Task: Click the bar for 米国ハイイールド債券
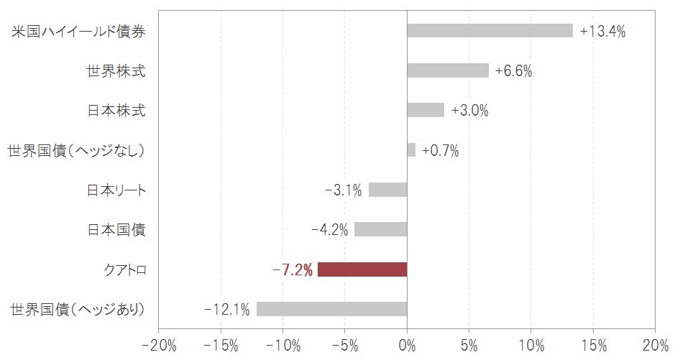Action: [x=490, y=31]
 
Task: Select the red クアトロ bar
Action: [x=362, y=269]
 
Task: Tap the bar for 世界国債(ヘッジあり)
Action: [x=331, y=309]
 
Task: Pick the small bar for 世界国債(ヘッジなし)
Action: [x=411, y=150]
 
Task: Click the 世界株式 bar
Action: [x=448, y=70]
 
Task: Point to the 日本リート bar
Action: [x=388, y=190]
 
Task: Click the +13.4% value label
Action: [x=602, y=31]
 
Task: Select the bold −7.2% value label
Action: [x=293, y=270]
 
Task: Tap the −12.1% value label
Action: [x=227, y=310]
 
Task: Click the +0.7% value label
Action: [x=440, y=150]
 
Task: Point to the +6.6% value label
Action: [x=513, y=71]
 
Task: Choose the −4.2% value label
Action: [x=330, y=230]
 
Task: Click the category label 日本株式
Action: [x=116, y=111]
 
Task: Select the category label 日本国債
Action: [x=116, y=230]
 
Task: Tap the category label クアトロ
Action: [x=125, y=270]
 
